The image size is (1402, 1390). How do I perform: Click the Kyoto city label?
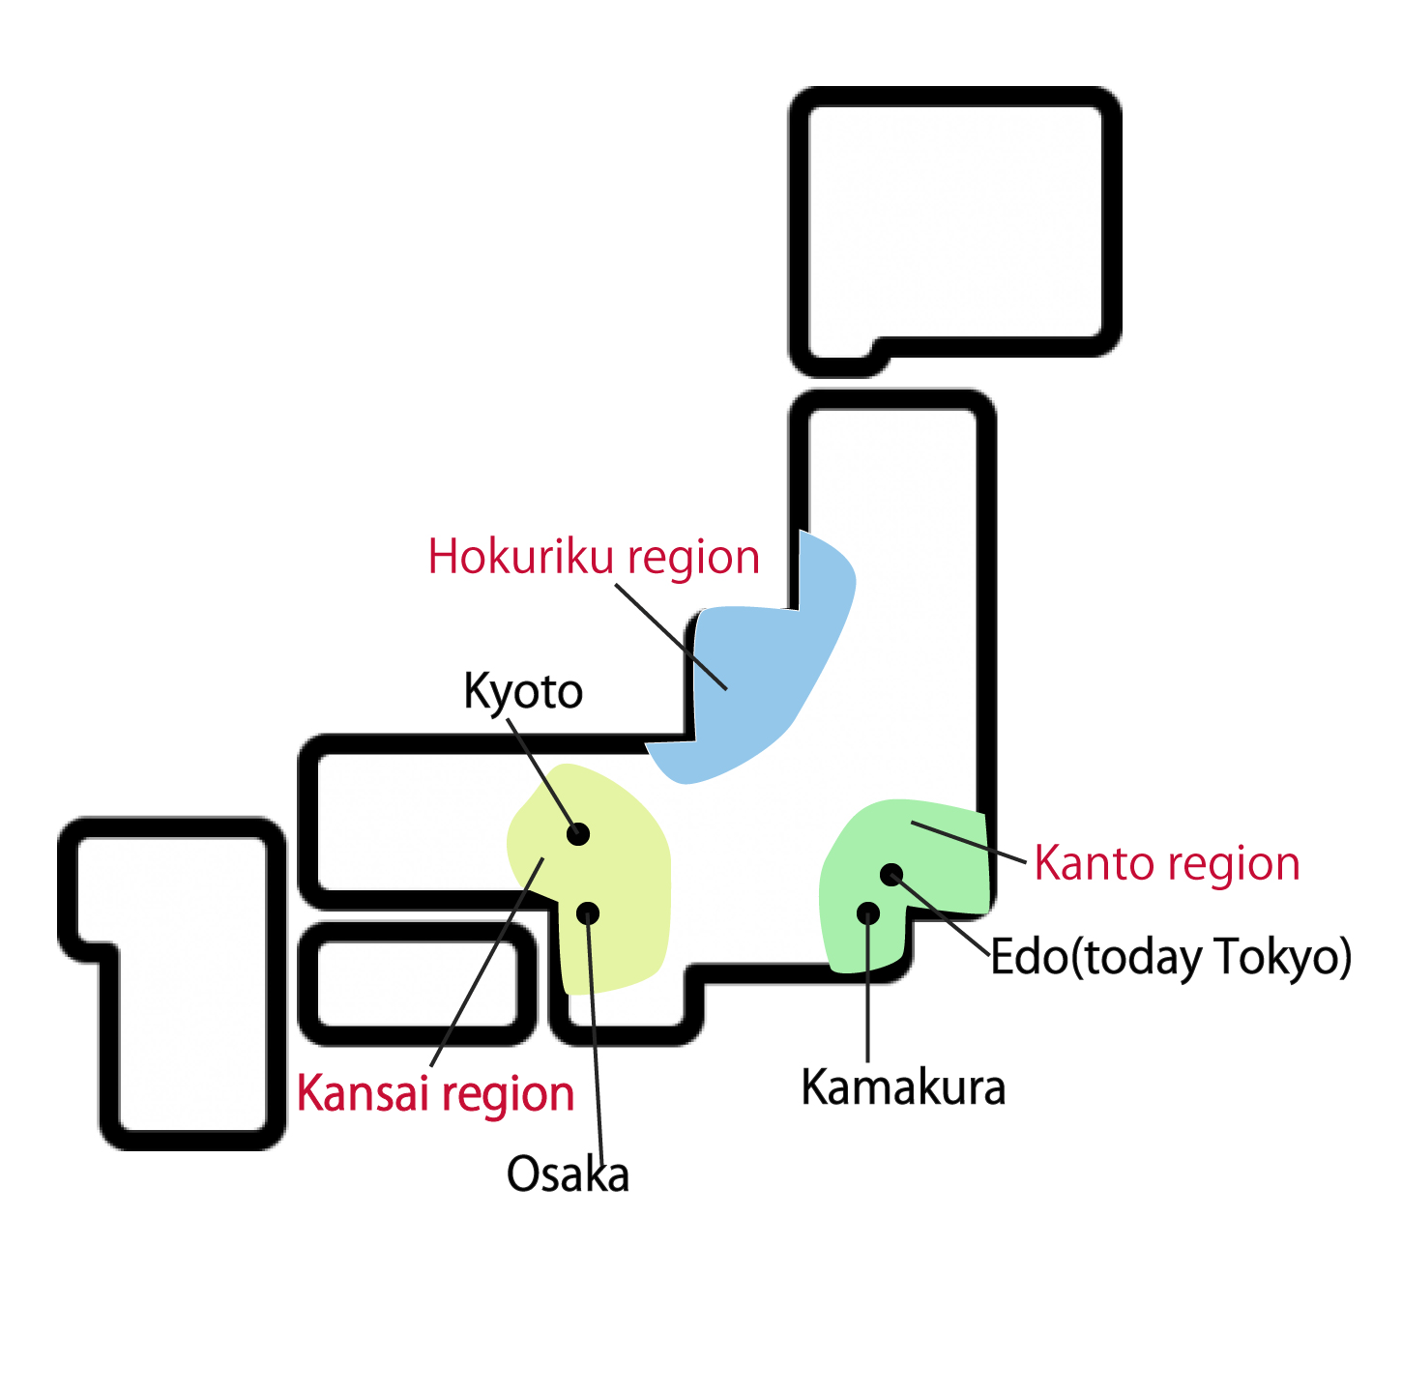coord(523,692)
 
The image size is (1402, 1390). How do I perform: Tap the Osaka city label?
coord(568,1175)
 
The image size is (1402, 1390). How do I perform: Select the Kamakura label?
coord(903,1088)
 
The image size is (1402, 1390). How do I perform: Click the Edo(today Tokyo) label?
coord(1171,957)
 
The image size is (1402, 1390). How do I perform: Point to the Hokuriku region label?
coord(594,558)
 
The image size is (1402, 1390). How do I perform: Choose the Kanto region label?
coord(1167,863)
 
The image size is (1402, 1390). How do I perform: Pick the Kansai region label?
coord(435,1094)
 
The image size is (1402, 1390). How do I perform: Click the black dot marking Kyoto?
coord(578,834)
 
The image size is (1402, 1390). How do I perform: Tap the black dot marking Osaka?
coord(588,913)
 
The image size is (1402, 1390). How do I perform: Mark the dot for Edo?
coord(891,875)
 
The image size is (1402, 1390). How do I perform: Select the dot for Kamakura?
coord(868,912)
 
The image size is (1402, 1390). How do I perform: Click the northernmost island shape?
coord(955,222)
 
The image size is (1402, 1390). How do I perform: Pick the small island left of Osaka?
coord(416,984)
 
